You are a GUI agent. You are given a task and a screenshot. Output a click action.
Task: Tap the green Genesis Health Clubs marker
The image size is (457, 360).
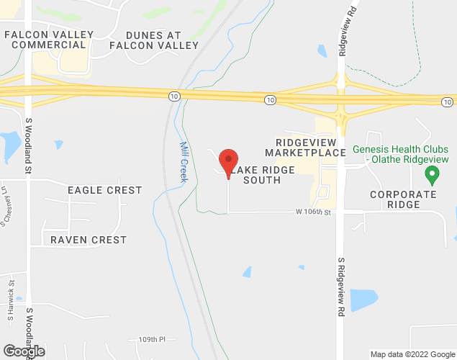pyautogui.click(x=432, y=174)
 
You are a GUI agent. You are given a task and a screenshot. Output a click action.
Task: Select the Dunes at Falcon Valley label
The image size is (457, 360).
pyautogui.click(x=153, y=40)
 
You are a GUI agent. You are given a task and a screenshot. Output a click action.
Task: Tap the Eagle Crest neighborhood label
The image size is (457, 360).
pyautogui.click(x=104, y=190)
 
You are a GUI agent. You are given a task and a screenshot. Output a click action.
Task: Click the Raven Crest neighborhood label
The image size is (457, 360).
pyautogui.click(x=89, y=240)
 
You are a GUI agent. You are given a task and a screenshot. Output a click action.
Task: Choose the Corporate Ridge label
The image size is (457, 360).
pyautogui.click(x=403, y=199)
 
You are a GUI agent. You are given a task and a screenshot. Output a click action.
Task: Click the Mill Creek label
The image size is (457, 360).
pyautogui.click(x=183, y=161)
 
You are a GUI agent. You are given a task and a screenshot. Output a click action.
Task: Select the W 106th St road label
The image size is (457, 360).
pyautogui.click(x=312, y=212)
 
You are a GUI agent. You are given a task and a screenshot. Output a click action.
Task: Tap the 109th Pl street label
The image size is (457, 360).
pyautogui.click(x=152, y=338)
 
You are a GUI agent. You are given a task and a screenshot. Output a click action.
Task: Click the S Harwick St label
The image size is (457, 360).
pyautogui.click(x=12, y=301)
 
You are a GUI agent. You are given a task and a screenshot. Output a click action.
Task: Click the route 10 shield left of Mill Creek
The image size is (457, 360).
pyautogui.click(x=173, y=96)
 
